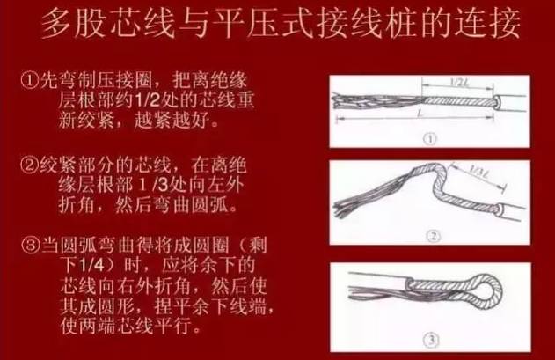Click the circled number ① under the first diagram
[x=430, y=138]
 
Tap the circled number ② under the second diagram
[x=434, y=236]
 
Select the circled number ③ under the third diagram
[x=431, y=340]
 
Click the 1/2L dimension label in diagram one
[x=459, y=82]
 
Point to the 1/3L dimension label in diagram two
[x=479, y=172]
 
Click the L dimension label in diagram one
[x=420, y=113]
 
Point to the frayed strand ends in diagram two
[x=343, y=207]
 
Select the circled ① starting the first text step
[x=30, y=82]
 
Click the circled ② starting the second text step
[x=29, y=165]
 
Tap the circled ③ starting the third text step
[x=31, y=246]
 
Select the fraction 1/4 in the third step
[x=91, y=266]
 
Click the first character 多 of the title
[x=58, y=24]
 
